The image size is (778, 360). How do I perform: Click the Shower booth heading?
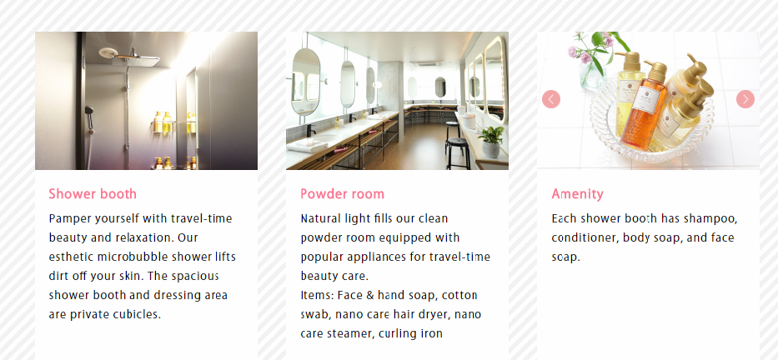[x=93, y=194]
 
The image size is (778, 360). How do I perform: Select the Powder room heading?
[x=342, y=194]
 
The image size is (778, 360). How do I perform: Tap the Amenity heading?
[x=577, y=194]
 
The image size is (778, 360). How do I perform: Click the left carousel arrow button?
[x=550, y=99]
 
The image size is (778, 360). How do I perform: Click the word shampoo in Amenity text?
[x=709, y=218]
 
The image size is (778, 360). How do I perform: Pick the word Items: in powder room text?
[x=317, y=295]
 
